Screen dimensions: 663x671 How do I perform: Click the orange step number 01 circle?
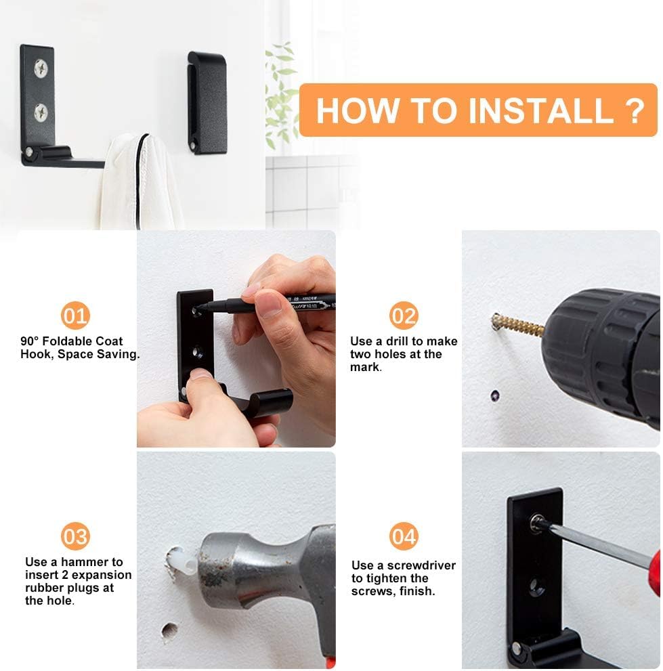pyautogui.click(x=75, y=316)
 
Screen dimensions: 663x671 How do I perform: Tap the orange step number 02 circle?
pyautogui.click(x=403, y=316)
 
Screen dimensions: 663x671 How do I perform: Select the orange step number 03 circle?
pyautogui.click(x=75, y=536)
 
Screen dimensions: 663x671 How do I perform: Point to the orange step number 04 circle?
pyautogui.click(x=403, y=536)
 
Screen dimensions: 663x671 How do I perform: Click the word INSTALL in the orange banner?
pyautogui.click(x=541, y=110)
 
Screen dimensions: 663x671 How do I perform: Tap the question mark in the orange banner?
pyautogui.click(x=635, y=110)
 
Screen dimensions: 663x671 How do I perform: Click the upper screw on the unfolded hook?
pyautogui.click(x=41, y=69)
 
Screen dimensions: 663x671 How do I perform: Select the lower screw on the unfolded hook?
pyautogui.click(x=41, y=113)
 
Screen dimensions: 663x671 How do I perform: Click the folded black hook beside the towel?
pyautogui.click(x=207, y=102)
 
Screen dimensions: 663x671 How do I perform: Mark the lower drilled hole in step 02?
pyautogui.click(x=495, y=396)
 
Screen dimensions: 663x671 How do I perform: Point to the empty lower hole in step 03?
pyautogui.click(x=169, y=632)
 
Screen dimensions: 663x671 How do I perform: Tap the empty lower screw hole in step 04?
pyautogui.click(x=534, y=586)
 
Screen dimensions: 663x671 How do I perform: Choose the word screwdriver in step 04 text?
pyautogui.click(x=421, y=565)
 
